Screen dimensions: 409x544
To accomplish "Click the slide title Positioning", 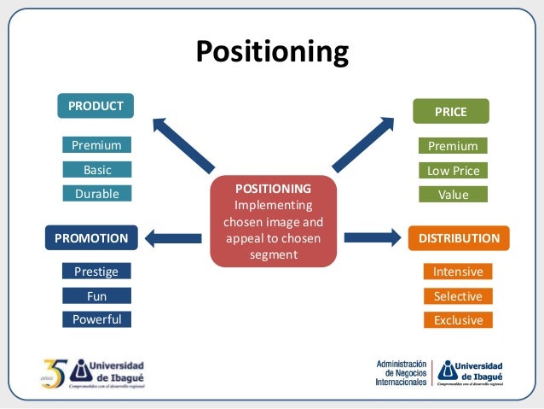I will pos(272,52).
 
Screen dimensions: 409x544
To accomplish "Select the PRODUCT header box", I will pos(95,106).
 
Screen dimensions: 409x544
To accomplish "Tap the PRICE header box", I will pos(451,111).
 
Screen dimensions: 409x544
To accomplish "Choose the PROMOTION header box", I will pos(91,237).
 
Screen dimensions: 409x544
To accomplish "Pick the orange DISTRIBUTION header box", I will pos(459,237).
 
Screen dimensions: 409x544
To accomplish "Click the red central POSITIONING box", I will pos(273,221).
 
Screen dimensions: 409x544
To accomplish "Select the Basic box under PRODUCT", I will pos(96,169).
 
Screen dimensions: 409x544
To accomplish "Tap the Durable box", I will pos(96,194).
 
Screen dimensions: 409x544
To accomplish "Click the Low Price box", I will pos(453,171).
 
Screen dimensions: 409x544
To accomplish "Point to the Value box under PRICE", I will pos(453,195).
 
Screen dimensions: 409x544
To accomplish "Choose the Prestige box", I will pos(96,272).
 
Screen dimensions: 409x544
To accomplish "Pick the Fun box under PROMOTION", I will pos(96,296).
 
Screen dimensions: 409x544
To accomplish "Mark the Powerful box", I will pos(96,319).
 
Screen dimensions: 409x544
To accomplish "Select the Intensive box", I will pos(458,272).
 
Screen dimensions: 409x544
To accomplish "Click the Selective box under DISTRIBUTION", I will pos(458,296).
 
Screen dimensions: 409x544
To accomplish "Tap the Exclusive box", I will pos(458,320).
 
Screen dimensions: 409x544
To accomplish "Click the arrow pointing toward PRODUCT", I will pos(182,144).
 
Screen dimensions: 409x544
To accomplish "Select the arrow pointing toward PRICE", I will pos(362,144).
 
